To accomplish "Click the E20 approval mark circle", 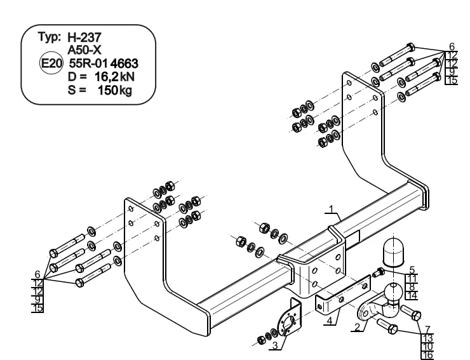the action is (51, 63).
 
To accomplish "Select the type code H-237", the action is (84, 37).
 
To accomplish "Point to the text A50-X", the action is (84, 50).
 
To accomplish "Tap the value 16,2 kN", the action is (114, 77).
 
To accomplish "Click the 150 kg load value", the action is (115, 90).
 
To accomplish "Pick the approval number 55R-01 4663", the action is (104, 63).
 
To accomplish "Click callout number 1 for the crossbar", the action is (331, 209).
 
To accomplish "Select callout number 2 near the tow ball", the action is (357, 327).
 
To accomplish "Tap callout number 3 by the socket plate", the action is (275, 345).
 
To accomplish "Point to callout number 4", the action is (330, 321).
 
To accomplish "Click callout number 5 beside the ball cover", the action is (412, 270).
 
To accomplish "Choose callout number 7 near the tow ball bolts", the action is (427, 330).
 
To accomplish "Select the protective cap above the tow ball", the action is (393, 253).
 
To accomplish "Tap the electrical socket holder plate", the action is (288, 318).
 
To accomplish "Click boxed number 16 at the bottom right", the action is (427, 355).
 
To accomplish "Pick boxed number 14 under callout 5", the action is (412, 295).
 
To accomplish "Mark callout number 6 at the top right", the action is (452, 46).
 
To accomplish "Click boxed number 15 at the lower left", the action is (37, 308).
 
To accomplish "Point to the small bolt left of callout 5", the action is (379, 273).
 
